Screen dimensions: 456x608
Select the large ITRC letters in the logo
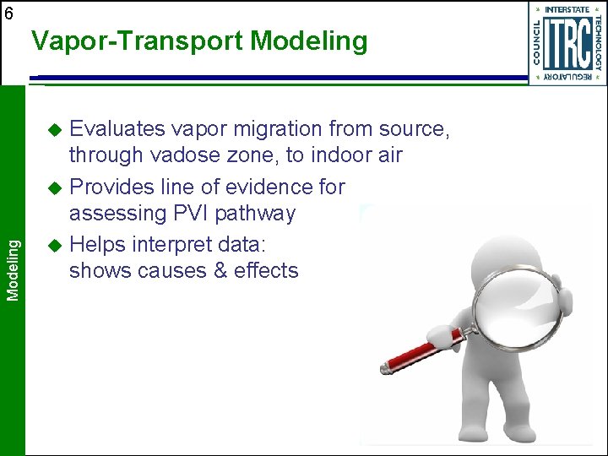(567, 42)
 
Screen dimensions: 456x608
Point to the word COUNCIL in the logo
(538, 42)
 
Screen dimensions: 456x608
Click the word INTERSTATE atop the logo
(567, 9)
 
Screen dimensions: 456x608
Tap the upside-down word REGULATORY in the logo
(567, 77)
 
